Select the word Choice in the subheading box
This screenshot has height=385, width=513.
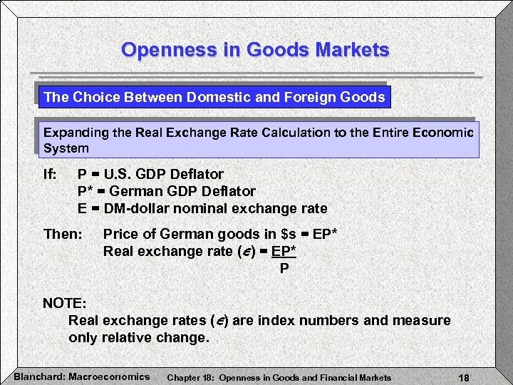coord(93,97)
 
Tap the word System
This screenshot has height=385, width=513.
coord(66,149)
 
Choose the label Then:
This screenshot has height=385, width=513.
coord(63,234)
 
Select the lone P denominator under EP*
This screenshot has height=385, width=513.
coord(284,268)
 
